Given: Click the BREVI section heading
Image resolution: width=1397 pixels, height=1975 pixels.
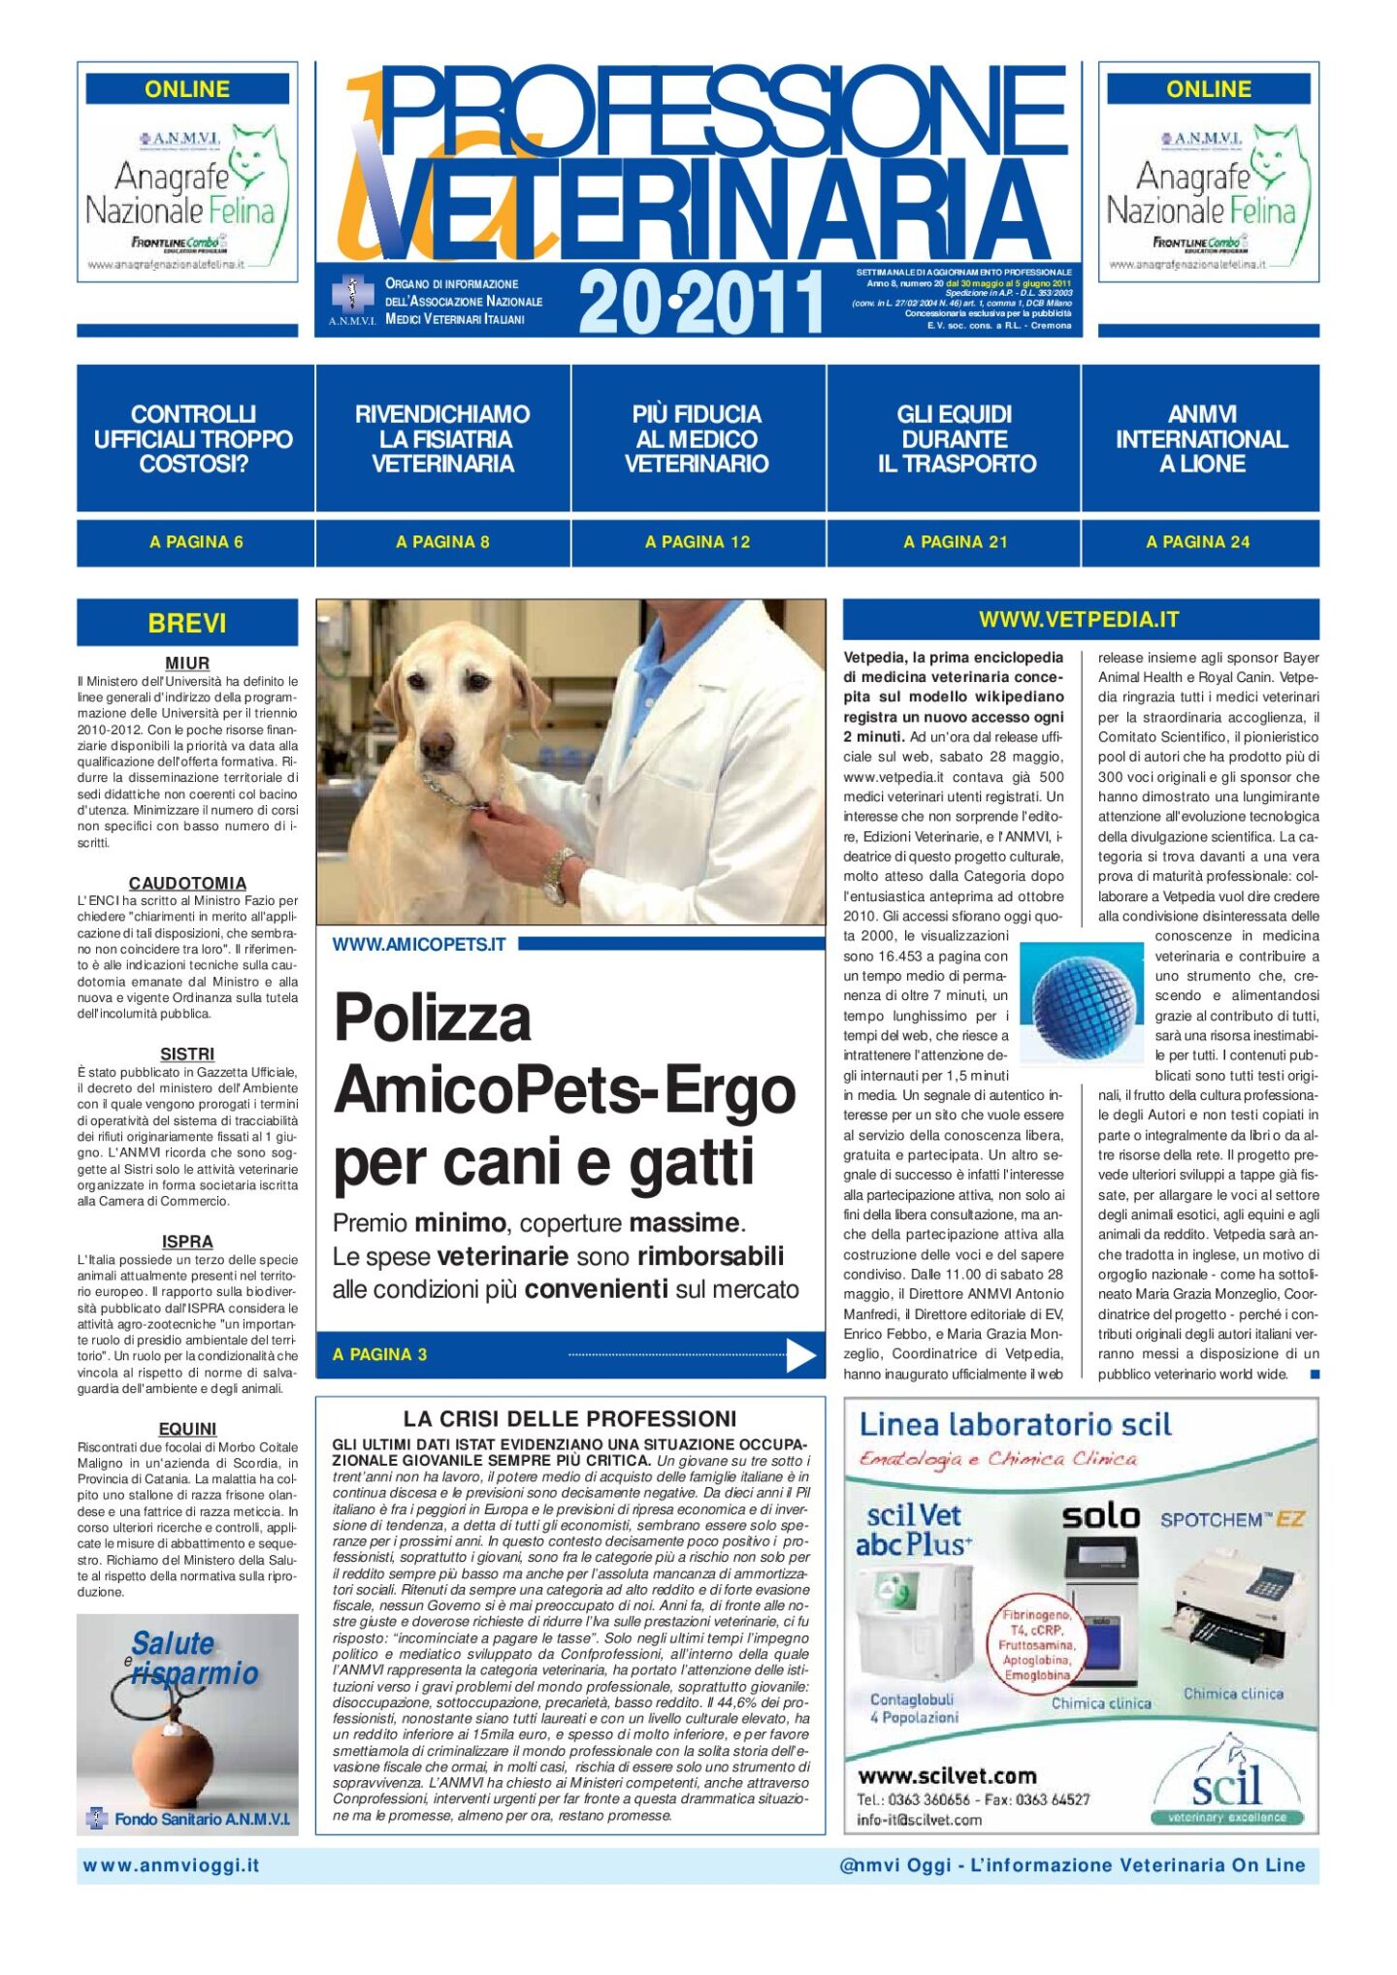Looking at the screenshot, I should point(187,623).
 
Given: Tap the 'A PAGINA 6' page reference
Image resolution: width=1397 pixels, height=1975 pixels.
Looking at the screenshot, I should point(196,542).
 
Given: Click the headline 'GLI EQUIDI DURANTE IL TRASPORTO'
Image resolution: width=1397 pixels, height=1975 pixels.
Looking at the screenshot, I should point(956,439).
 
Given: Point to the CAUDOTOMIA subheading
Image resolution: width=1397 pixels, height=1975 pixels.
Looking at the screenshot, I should point(187,883).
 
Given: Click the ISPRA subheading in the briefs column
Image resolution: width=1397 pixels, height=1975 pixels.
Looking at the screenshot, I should point(187,1242).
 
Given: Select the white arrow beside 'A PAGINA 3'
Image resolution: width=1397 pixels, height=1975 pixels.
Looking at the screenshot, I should point(800,1354).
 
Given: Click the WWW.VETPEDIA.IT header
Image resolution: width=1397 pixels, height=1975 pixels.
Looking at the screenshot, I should point(1079,619).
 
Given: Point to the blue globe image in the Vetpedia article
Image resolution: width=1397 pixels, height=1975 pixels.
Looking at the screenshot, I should point(1082,1006).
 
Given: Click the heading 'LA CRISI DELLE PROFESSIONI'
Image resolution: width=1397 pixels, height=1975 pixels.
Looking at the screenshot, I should point(569,1418).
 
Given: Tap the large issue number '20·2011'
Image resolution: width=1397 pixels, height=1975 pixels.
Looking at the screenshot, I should point(700,302).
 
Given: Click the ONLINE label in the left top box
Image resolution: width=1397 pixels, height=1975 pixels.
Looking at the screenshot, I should point(187,89).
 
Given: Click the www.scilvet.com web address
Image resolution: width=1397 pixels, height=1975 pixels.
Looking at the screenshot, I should point(947,1776).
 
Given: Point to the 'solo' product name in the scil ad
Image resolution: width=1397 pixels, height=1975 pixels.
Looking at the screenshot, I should point(1100,1517).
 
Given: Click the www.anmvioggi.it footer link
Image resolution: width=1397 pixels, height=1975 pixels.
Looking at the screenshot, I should point(172,1865).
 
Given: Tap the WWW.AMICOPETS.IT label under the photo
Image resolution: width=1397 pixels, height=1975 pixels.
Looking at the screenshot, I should point(419,945).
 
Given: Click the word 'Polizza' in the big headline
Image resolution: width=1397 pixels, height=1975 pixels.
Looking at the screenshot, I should point(433,1019).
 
